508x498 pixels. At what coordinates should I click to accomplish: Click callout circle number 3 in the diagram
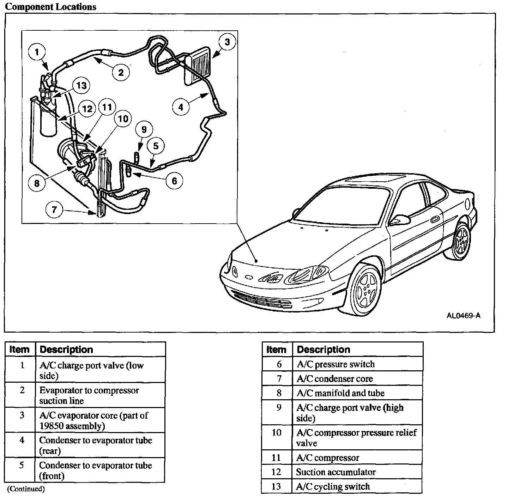227,42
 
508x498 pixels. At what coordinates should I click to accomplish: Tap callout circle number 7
54,210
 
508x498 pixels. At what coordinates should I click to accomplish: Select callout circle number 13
81,86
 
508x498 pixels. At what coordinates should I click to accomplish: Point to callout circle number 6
174,181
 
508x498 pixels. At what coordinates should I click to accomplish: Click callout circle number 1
37,53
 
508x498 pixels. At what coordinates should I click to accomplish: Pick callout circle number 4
181,107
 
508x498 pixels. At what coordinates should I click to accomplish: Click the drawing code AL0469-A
463,315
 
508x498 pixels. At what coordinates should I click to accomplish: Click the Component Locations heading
50,7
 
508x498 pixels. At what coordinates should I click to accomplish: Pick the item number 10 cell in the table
277,432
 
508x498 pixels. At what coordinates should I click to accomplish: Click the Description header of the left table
66,350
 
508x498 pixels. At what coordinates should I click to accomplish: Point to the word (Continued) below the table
26,489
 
